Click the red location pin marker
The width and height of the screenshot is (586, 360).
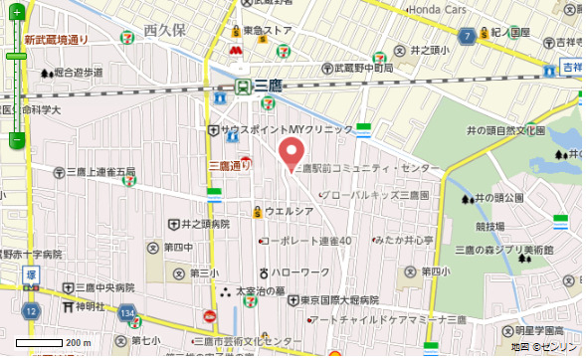pyautogui.click(x=291, y=153)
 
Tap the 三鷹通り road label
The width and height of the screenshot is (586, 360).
pyautogui.click(x=229, y=166)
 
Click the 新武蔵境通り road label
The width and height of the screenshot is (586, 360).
pyautogui.click(x=57, y=40)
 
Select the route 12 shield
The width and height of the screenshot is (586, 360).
pyautogui.click(x=32, y=311)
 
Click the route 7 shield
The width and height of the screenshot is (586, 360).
pyautogui.click(x=466, y=36)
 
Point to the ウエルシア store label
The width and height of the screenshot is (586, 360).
pyautogui.click(x=289, y=211)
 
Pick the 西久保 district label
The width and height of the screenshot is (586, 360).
pyautogui.click(x=165, y=31)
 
